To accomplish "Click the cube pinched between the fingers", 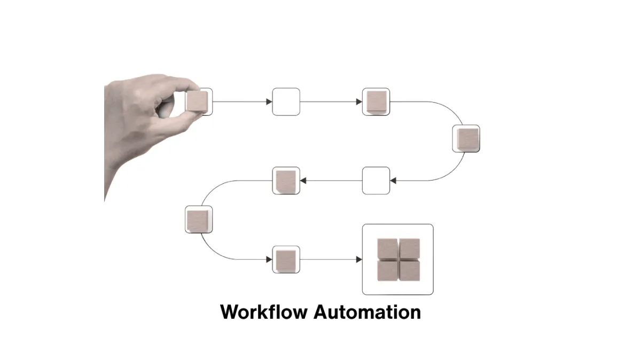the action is click(x=197, y=101).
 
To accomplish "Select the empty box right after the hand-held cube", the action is click(x=286, y=101).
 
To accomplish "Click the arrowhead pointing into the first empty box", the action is click(x=269, y=101).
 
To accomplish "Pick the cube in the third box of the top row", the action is click(x=377, y=102).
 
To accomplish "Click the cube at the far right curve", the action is click(x=468, y=139).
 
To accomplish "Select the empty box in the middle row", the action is click(x=376, y=181).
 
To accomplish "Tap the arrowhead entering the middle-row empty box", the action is click(x=393, y=181).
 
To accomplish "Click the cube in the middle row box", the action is click(x=286, y=182).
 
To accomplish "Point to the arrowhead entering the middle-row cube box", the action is click(x=303, y=181).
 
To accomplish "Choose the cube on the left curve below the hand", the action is click(x=198, y=221).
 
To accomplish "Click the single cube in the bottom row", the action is click(x=286, y=261).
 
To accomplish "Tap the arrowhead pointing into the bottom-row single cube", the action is click(x=269, y=260).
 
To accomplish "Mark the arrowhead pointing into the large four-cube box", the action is click(x=359, y=260).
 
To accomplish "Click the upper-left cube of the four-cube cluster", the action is click(x=387, y=248).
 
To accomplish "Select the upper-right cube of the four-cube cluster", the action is click(x=410, y=248).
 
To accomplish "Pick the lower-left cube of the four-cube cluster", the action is click(x=387, y=271).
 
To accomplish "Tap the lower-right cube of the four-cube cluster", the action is click(x=410, y=271).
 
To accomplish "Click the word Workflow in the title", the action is click(x=264, y=311).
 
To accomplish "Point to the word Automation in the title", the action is click(x=367, y=311).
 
